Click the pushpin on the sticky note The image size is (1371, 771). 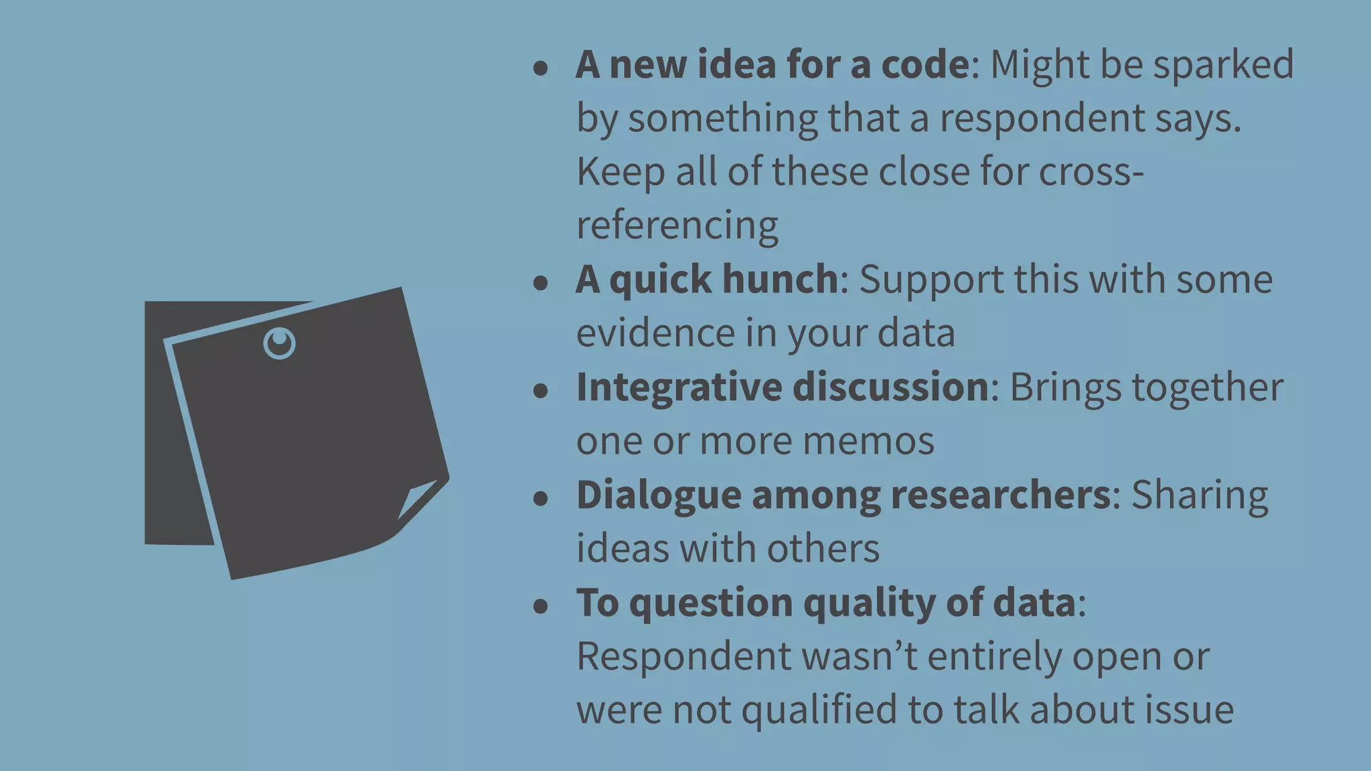pos(279,343)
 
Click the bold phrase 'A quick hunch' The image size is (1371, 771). pos(706,279)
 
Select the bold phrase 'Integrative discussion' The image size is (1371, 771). pos(782,387)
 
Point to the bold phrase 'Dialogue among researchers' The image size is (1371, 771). pos(843,495)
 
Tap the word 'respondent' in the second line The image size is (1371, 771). pos(1042,118)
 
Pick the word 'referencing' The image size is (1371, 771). pos(677,225)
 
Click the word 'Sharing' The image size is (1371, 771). pos(1199,496)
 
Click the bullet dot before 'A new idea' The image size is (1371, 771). pos(541,68)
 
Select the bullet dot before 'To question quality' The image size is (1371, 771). pos(541,606)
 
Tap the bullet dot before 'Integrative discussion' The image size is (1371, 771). pos(541,391)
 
